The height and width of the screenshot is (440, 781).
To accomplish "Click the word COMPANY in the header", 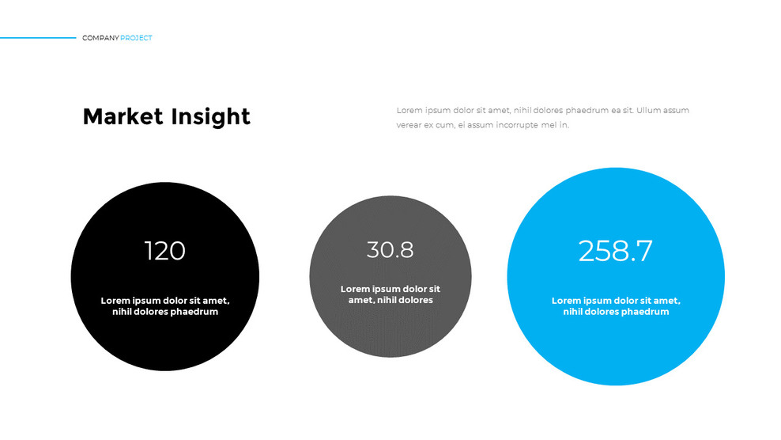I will pos(100,38).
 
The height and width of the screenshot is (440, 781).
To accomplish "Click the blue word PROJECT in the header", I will pos(137,38).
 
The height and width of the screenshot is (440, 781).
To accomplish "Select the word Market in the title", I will pos(122,116).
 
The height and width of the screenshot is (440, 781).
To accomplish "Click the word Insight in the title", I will pos(209,116).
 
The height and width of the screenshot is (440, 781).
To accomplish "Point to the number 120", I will pos(164,251).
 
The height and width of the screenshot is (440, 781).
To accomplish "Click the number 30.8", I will pos(390,250).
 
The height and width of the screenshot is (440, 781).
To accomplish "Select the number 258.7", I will pos(615,251).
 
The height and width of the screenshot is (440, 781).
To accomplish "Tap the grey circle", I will pos(390,332).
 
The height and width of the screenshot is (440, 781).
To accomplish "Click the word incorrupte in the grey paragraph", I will pos(515,125).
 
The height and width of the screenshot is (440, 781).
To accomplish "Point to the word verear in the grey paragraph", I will pos(409,125).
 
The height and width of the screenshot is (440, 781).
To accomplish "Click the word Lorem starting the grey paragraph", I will pos(409,110).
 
